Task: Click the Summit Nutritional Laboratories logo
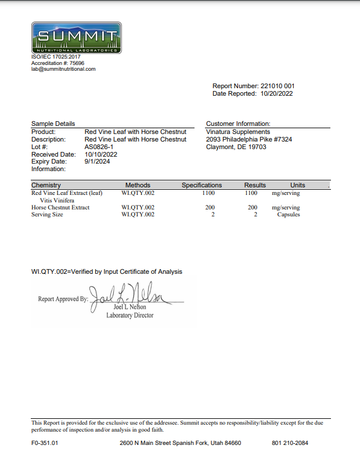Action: click(76, 38)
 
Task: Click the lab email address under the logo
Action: click(63, 69)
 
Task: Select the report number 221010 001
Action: click(278, 86)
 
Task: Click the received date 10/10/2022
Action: click(101, 154)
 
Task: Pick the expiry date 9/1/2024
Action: click(97, 162)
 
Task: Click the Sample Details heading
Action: click(53, 124)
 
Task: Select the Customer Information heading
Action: click(238, 124)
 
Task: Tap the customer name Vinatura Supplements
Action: click(238, 132)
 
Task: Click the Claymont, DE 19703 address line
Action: click(236, 147)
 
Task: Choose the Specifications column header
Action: click(201, 185)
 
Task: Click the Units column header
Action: click(297, 185)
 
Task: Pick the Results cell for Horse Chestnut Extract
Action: click(253, 207)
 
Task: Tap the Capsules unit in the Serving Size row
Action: click(289, 215)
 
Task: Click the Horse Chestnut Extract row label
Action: click(60, 207)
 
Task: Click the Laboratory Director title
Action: click(129, 316)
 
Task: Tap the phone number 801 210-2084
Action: click(290, 443)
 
